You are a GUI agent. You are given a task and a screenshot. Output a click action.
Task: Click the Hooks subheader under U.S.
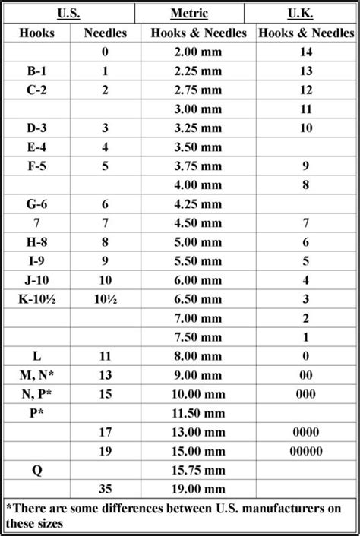pos(37,33)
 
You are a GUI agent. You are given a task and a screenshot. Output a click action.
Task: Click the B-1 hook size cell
pos(37,71)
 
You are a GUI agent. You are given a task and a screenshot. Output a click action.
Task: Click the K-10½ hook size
pos(37,299)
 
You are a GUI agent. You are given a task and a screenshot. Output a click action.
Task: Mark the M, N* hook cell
pos(37,374)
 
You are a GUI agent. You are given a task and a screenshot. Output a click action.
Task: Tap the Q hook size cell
pos(37,469)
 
